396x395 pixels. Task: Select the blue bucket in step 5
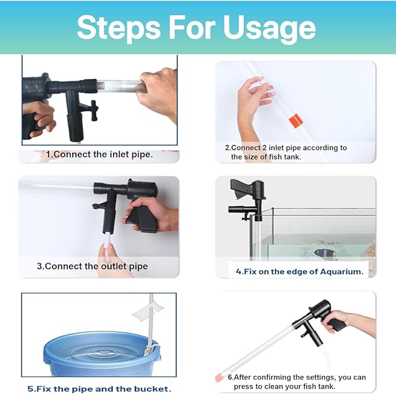coord(93,355)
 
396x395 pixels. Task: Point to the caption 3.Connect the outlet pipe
coord(92,266)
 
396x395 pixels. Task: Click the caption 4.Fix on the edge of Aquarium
coord(299,271)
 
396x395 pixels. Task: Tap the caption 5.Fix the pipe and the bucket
coord(99,388)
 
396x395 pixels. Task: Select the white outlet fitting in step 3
coord(108,240)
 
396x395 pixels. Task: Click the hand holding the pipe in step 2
coord(254,96)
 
